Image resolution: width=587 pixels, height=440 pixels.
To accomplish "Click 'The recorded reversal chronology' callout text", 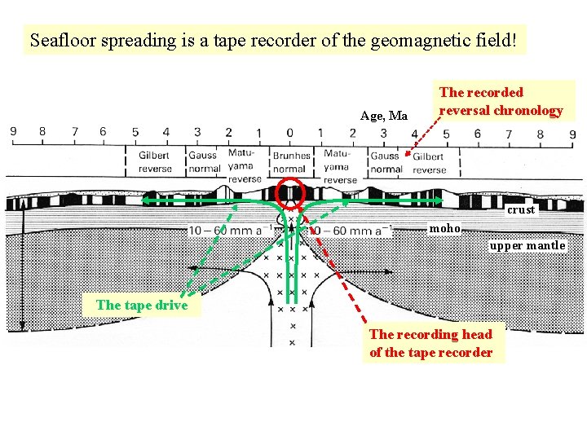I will point(501,101).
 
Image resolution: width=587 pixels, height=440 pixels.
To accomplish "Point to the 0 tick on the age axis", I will point(289,132).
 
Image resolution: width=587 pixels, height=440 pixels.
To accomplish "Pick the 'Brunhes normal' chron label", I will point(291,162).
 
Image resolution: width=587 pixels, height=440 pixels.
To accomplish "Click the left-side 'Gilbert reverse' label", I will point(154,162).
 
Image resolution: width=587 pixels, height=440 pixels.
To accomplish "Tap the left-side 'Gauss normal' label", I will point(203,162).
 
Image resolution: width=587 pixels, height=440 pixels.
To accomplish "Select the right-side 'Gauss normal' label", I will point(386,162).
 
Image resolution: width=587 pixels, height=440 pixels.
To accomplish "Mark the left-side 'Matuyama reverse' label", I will point(243,165).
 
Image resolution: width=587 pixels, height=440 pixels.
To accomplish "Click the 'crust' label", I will point(521,209).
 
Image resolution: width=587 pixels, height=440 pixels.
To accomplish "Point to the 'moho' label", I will point(445,228).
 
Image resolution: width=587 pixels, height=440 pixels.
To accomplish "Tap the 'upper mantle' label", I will point(527,245).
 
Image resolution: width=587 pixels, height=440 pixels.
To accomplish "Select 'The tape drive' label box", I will point(142,305).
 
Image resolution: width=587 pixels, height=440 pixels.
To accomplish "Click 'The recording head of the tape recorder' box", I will point(431,343).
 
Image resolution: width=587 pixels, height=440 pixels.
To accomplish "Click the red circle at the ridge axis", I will point(290,193).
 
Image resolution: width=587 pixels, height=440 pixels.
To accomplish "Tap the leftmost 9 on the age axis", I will point(12,131).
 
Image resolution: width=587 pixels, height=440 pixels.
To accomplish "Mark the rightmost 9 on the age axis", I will point(574,134).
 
